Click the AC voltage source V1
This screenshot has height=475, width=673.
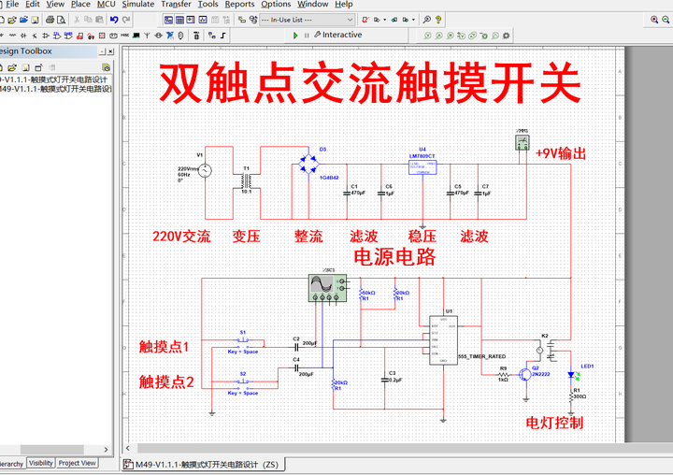click(x=203, y=169)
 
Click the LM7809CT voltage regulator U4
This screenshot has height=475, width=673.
click(x=422, y=166)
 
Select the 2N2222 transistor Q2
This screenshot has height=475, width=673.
click(x=528, y=373)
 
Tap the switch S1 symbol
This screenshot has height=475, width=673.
click(x=243, y=341)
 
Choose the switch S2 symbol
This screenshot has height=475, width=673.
click(x=243, y=382)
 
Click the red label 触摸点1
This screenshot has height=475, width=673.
click(x=164, y=347)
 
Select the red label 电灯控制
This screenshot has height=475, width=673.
click(x=554, y=423)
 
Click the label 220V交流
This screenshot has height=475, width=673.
click(x=181, y=237)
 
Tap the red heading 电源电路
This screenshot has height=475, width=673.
click(x=394, y=257)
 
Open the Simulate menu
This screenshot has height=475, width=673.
click(x=138, y=5)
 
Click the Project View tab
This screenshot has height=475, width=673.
click(x=77, y=463)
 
